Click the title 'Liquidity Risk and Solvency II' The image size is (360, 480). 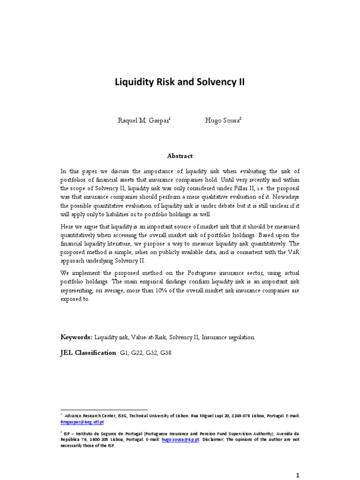pyautogui.click(x=180, y=82)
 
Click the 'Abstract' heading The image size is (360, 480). pyautogui.click(x=180, y=156)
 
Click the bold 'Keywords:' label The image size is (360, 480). pyautogui.click(x=77, y=337)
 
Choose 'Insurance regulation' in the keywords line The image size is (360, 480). pyautogui.click(x=229, y=337)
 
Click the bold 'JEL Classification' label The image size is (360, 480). pyautogui.click(x=88, y=352)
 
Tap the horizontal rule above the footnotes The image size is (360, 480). pyautogui.click(x=104, y=410)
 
